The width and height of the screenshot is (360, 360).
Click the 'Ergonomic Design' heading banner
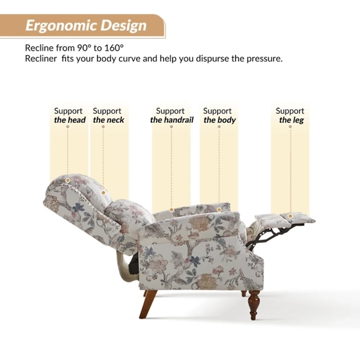pyautogui.click(x=85, y=26)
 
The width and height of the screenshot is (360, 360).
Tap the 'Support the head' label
pyautogui.click(x=69, y=115)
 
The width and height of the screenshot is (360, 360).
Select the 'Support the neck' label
pyautogui.click(x=108, y=115)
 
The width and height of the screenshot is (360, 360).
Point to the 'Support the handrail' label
pyautogui.click(x=171, y=115)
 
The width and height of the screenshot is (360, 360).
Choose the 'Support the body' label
pyautogui.click(x=219, y=115)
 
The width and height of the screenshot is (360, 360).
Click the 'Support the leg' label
pyautogui.click(x=291, y=115)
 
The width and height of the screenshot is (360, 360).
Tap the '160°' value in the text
pyautogui.click(x=113, y=48)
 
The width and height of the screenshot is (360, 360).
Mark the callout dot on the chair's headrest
pyautogui.click(x=68, y=180)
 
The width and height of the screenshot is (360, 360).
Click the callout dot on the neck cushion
pyautogui.click(x=103, y=193)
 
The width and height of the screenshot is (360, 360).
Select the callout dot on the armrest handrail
pyautogui.click(x=171, y=210)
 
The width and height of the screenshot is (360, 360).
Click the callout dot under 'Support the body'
pyautogui.click(x=219, y=209)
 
